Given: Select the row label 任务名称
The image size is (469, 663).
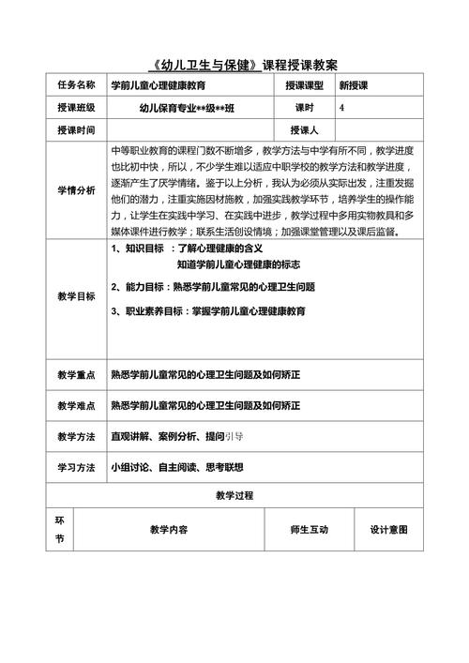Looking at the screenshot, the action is (76, 85).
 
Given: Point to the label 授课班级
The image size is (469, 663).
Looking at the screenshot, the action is (76, 108).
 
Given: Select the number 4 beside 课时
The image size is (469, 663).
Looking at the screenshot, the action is (341, 108).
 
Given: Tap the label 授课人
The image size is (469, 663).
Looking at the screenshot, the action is (305, 130).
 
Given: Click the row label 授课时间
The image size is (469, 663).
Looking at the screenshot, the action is (76, 130).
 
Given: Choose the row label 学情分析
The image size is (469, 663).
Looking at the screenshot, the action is (76, 190).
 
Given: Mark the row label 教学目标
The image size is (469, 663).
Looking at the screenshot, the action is (76, 296).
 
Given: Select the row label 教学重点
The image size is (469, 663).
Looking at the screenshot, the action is (76, 375).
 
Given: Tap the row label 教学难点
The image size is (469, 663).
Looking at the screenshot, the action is (76, 406).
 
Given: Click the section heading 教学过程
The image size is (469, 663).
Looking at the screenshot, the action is (234, 495).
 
